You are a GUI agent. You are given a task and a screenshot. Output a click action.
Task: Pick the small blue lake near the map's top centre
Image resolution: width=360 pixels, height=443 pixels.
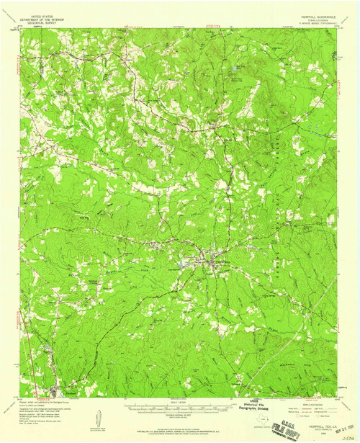235,69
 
